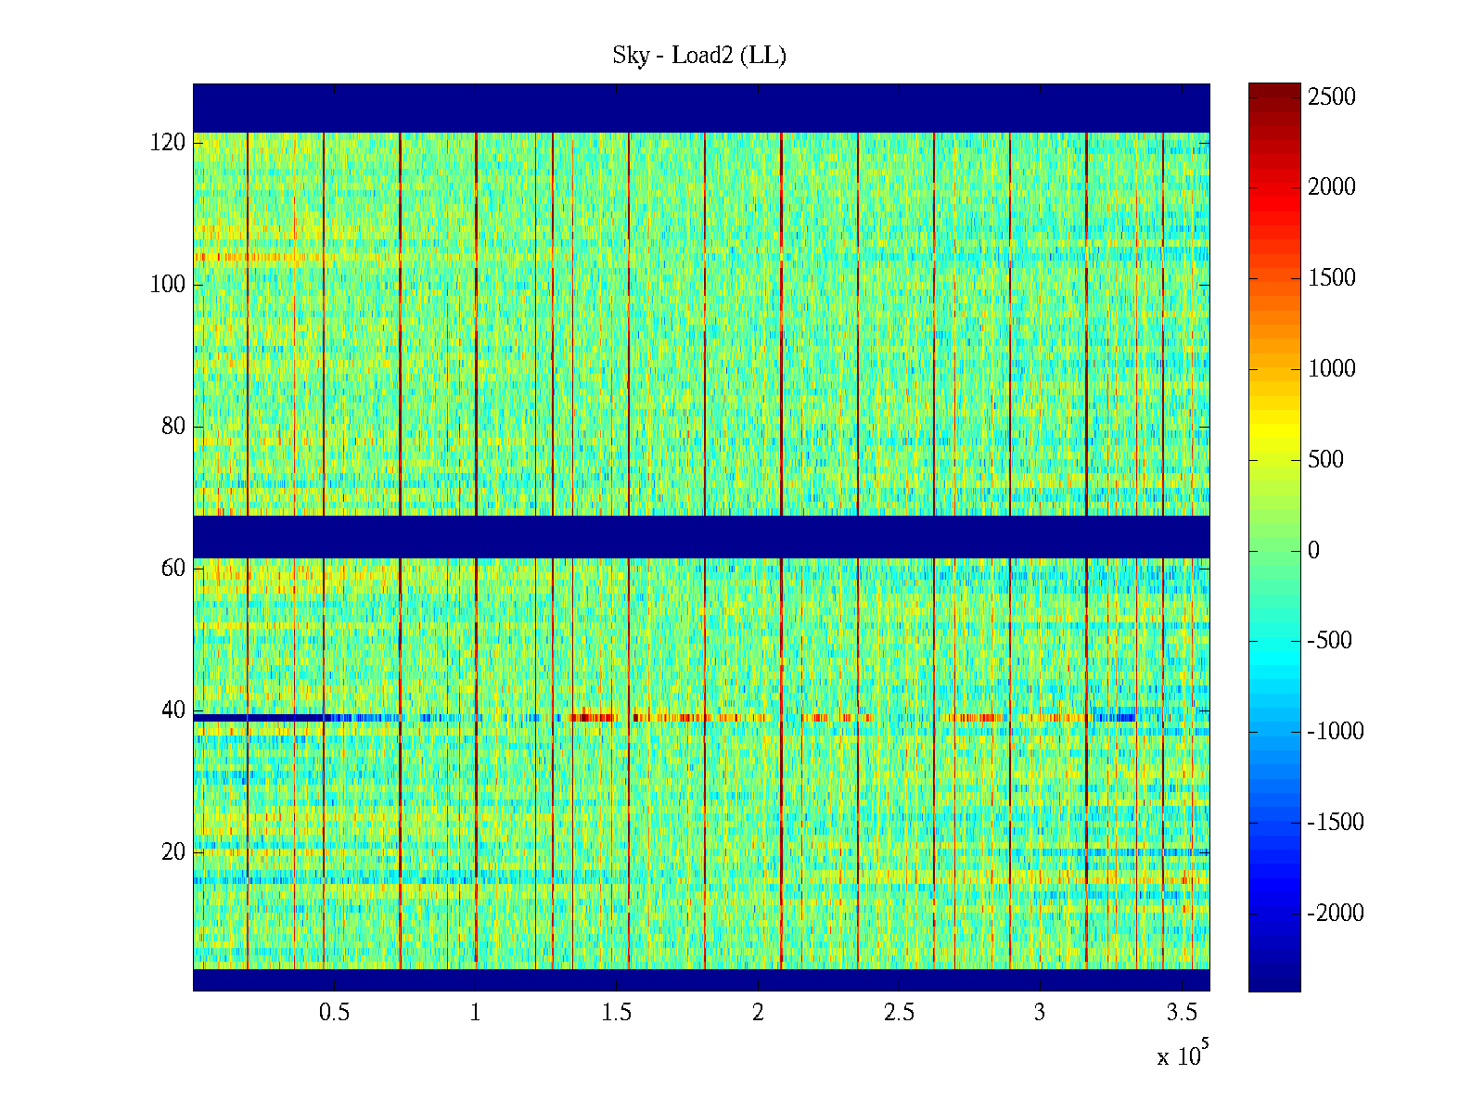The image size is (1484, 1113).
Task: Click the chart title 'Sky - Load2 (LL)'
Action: [x=699, y=56]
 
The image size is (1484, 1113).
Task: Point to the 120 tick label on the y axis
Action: [x=168, y=143]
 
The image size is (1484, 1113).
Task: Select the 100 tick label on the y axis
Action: [x=168, y=285]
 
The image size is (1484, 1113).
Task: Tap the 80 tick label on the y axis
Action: [x=173, y=427]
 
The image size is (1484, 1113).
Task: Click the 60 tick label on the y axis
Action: [x=173, y=569]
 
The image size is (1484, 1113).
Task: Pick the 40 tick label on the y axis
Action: [x=173, y=710]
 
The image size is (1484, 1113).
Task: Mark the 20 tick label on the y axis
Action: [x=173, y=852]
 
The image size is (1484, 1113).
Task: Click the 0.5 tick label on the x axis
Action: [x=334, y=1013]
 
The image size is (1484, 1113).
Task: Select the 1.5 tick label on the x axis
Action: [x=616, y=1013]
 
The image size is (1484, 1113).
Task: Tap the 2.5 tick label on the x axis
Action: [x=899, y=1013]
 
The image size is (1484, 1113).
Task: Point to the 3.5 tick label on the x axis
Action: [x=1181, y=1013]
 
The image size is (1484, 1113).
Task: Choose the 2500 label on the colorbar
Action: [x=1331, y=97]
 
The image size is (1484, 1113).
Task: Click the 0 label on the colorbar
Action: [x=1313, y=551]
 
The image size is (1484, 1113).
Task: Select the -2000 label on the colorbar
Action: [x=1336, y=914]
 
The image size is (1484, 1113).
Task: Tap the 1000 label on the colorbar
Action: [x=1331, y=369]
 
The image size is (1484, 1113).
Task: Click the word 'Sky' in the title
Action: [x=631, y=56]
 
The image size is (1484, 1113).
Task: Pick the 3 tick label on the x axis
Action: [x=1040, y=1013]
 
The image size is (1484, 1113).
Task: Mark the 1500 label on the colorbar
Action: [x=1331, y=278]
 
